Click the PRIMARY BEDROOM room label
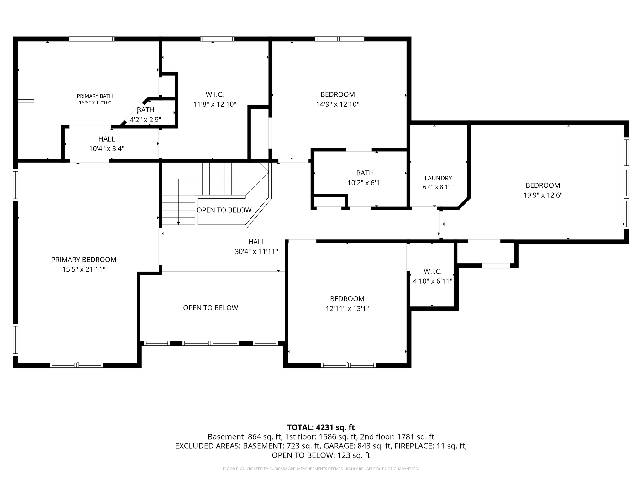click(84, 260)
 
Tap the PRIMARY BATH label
click(95, 96)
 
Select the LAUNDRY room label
click(438, 178)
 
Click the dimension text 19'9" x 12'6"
click(543, 195)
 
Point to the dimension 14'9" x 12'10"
click(338, 104)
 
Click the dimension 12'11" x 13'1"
click(347, 308)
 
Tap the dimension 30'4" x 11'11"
click(256, 252)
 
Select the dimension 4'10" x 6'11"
click(433, 281)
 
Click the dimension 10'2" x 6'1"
click(365, 183)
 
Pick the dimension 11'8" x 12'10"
click(215, 104)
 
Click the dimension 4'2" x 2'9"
click(145, 120)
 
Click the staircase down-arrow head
click(178, 223)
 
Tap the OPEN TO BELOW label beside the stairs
click(224, 210)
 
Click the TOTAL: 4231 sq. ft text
click(321, 427)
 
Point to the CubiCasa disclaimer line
click(321, 469)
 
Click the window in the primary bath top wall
click(92, 39)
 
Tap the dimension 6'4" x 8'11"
click(438, 187)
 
